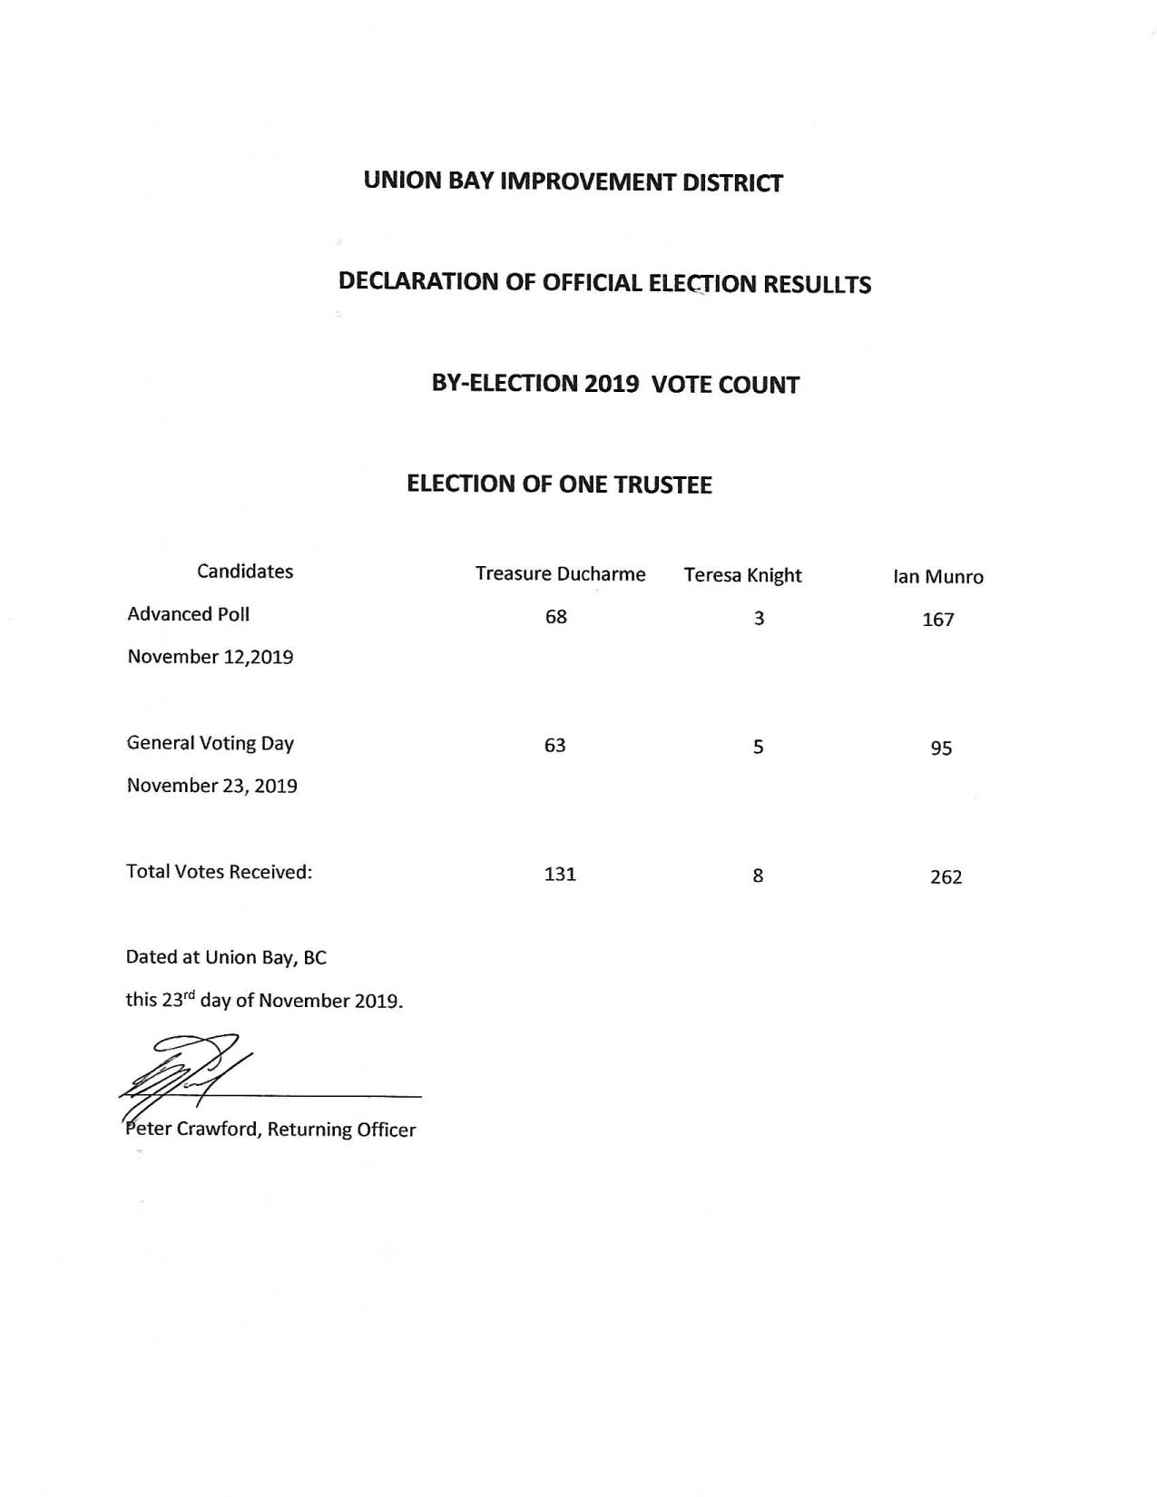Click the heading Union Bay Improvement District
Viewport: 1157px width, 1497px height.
pyautogui.click(x=573, y=181)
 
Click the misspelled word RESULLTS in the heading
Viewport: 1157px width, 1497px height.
pyautogui.click(x=817, y=285)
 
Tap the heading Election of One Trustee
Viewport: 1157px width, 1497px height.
pyautogui.click(x=559, y=484)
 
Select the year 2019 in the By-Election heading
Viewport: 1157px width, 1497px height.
pyautogui.click(x=611, y=384)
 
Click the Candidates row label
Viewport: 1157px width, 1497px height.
pyautogui.click(x=245, y=572)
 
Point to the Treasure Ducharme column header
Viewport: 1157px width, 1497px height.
pyautogui.click(x=560, y=574)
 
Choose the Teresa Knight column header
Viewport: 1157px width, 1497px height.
pyautogui.click(x=742, y=575)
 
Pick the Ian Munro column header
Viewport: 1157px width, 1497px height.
pyautogui.click(x=937, y=577)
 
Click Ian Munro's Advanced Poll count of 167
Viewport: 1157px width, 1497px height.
pyautogui.click(x=937, y=620)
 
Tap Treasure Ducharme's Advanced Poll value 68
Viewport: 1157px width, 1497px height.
pyautogui.click(x=555, y=617)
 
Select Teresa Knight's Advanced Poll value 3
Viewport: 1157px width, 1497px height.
pyautogui.click(x=759, y=619)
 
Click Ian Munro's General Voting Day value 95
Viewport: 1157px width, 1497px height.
pyautogui.click(x=941, y=748)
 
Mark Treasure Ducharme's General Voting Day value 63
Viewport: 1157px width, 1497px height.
pyautogui.click(x=554, y=746)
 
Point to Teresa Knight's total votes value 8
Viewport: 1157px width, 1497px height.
pyautogui.click(x=758, y=876)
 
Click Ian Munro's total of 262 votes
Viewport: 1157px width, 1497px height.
pyautogui.click(x=946, y=877)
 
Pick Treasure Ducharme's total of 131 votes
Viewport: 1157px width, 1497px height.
pyautogui.click(x=560, y=875)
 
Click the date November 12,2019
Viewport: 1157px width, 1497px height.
pyautogui.click(x=211, y=657)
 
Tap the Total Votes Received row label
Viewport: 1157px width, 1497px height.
pyautogui.click(x=219, y=872)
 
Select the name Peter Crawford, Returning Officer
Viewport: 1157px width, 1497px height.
pyautogui.click(x=270, y=1130)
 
